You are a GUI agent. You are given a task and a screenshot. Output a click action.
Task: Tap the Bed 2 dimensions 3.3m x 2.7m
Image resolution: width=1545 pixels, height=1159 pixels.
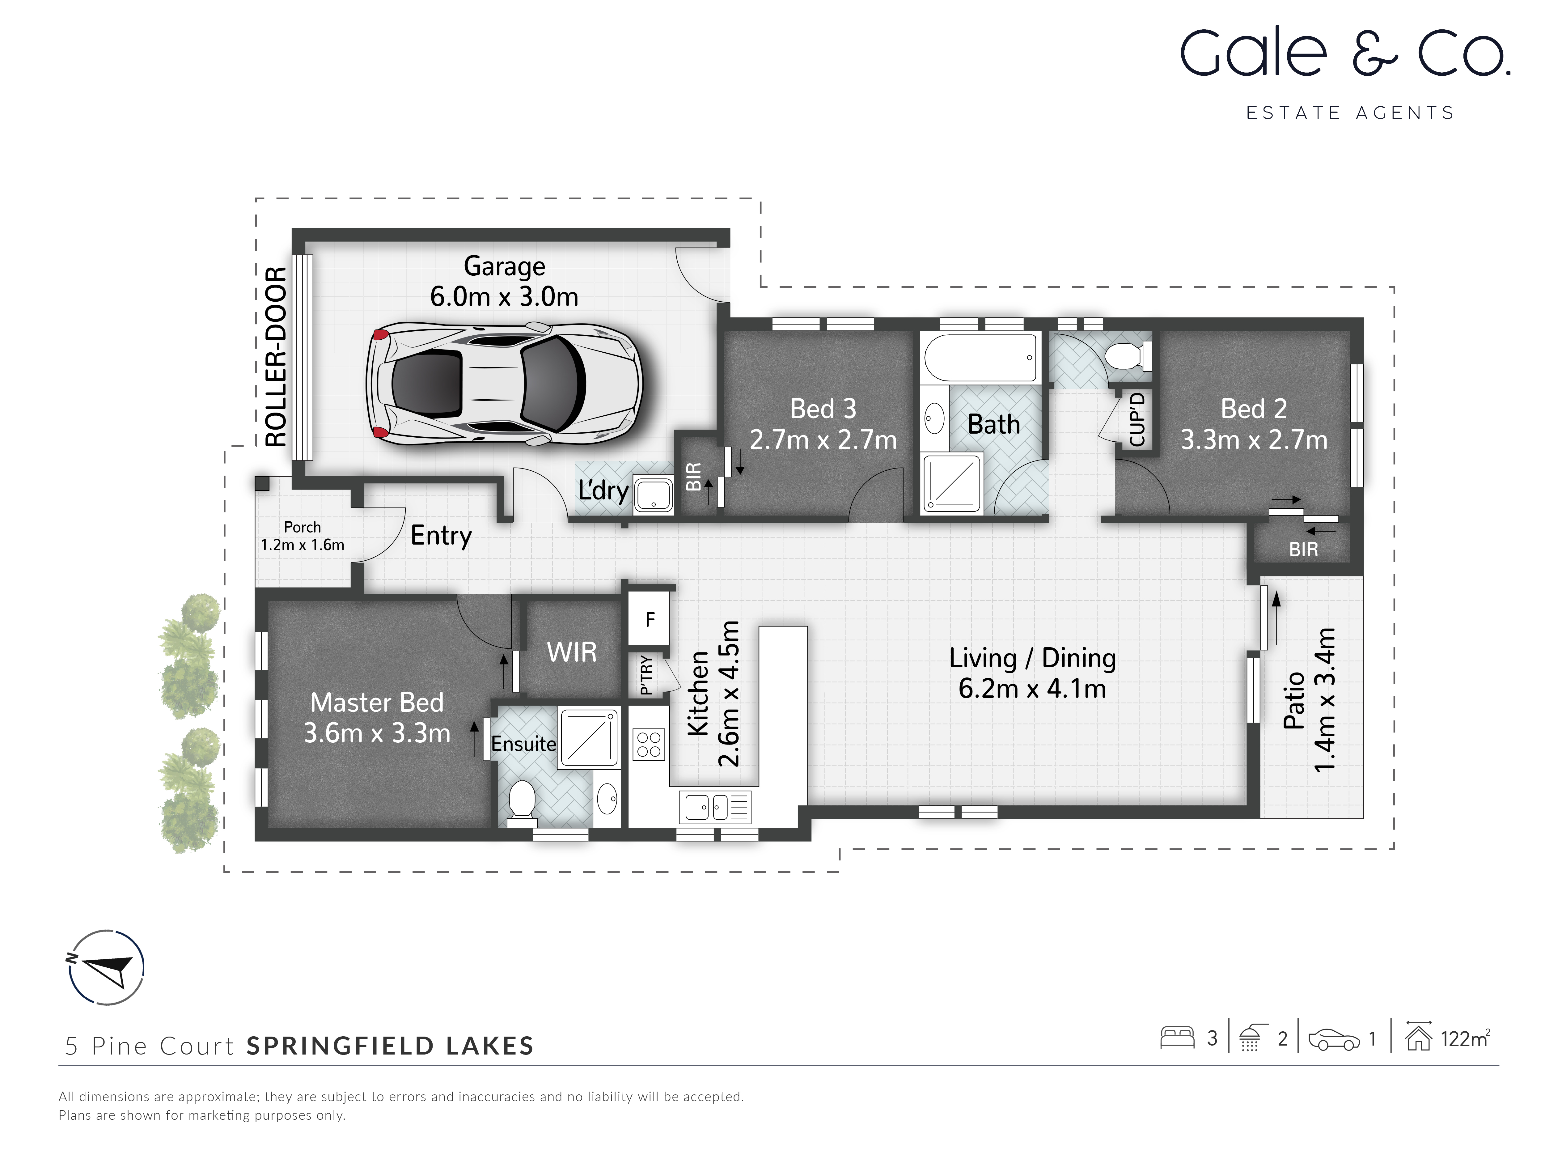pyautogui.click(x=1254, y=440)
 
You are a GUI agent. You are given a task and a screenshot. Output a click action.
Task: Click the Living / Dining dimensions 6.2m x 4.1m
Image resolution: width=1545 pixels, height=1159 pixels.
pyautogui.click(x=1032, y=689)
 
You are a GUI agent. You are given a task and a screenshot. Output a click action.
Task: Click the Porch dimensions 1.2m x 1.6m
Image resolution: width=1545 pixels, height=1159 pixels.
pyautogui.click(x=303, y=545)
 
